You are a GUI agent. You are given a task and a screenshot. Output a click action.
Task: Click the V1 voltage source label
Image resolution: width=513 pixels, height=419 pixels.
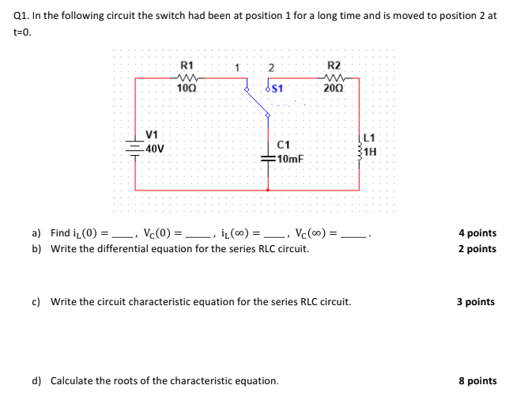(x=152, y=134)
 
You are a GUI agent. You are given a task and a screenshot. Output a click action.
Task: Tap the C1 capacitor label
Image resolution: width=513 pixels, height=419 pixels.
(x=285, y=145)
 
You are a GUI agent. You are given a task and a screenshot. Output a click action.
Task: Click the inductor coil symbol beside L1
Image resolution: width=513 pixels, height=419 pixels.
(x=360, y=147)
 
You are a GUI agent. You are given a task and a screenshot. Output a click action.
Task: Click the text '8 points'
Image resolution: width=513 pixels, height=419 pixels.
(x=477, y=380)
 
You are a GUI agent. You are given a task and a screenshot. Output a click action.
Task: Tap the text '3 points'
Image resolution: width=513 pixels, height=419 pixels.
(x=477, y=302)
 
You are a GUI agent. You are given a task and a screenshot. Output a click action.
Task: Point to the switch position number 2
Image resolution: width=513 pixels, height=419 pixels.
(x=271, y=66)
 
